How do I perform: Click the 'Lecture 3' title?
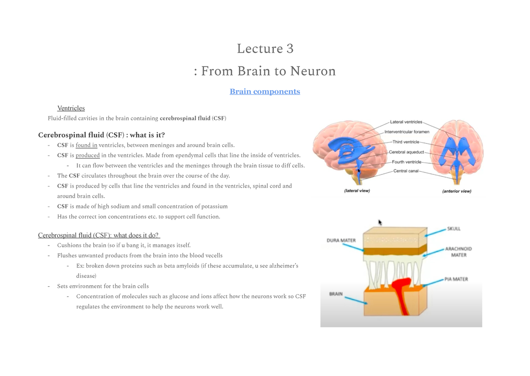[265, 48]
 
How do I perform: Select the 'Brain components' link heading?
[265, 92]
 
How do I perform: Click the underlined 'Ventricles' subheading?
[71, 108]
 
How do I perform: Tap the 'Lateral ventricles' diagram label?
[406, 122]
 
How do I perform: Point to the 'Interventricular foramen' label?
[406, 132]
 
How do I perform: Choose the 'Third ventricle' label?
[405, 142]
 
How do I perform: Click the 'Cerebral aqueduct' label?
[406, 152]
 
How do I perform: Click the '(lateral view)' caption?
[356, 191]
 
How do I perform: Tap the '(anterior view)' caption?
[457, 192]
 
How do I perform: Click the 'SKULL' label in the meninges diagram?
[454, 229]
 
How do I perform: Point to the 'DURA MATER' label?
[341, 241]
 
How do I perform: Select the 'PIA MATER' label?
[456, 280]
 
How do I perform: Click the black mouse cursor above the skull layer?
[380, 222]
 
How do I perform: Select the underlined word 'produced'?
[87, 155]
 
